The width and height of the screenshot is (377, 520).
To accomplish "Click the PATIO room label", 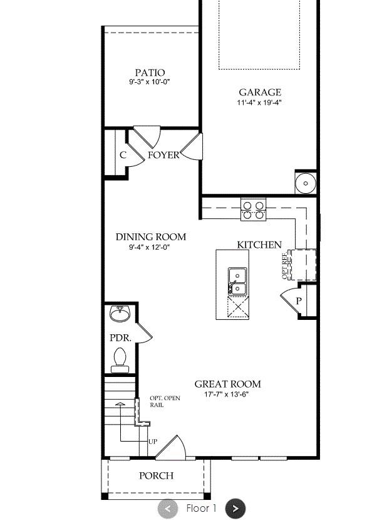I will click(x=150, y=73).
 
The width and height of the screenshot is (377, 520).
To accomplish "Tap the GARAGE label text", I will click(x=259, y=92).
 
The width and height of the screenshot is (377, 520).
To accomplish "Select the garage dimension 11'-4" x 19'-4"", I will click(x=259, y=103).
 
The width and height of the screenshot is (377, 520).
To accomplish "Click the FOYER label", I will click(x=163, y=155).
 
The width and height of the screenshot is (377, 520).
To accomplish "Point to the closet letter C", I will click(x=123, y=155).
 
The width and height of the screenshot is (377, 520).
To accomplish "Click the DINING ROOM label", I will click(x=151, y=236).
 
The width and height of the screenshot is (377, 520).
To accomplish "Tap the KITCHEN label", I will click(x=259, y=245).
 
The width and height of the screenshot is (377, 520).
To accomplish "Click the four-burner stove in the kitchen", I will click(x=253, y=210).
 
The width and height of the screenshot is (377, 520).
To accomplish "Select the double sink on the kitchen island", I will click(x=237, y=280).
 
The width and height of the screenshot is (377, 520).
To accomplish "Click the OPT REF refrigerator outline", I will click(x=303, y=265).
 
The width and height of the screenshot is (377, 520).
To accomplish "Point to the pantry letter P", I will click(x=299, y=301).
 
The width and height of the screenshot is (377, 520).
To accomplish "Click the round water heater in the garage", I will click(x=306, y=183).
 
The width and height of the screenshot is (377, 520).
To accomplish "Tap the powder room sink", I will click(x=120, y=312).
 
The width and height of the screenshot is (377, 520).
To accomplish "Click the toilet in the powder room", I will click(x=119, y=358).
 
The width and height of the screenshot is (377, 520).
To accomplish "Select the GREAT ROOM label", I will click(x=227, y=384).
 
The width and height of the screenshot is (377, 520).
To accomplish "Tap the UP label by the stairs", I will click(x=153, y=442).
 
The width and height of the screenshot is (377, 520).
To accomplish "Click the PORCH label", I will click(x=156, y=475).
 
